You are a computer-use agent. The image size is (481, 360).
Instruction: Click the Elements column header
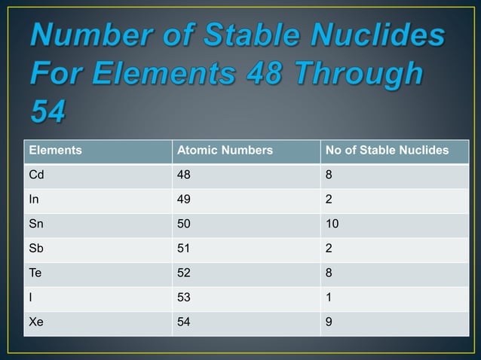click(55, 151)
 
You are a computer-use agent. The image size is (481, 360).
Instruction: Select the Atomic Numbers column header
click(224, 151)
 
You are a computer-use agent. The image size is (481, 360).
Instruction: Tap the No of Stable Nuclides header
click(387, 151)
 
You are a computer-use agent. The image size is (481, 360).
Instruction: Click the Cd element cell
click(36, 175)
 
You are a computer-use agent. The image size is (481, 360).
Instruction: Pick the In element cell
click(33, 200)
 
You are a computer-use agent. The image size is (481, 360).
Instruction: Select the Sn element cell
click(36, 225)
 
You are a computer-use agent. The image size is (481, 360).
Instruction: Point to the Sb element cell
click(36, 250)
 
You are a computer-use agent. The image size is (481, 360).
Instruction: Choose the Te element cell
click(35, 274)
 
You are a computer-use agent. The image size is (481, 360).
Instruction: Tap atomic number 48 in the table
click(183, 175)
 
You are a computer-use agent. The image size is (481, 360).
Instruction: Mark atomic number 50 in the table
click(183, 225)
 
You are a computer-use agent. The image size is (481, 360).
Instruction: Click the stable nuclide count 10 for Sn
click(332, 225)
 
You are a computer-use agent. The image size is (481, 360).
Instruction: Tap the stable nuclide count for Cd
click(329, 175)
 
